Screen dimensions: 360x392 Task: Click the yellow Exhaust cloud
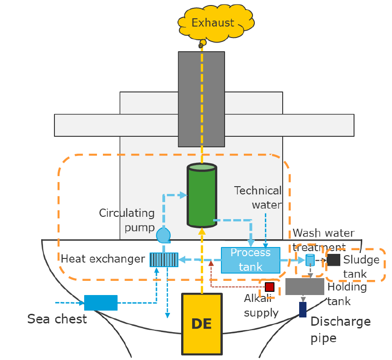[212, 23]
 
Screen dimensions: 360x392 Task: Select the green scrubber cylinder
[201, 195]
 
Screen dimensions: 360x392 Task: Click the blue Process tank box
[250, 260]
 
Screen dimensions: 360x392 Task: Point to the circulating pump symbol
[163, 236]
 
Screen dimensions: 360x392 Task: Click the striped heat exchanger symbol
[164, 259]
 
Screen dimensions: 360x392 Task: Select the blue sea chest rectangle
[101, 302]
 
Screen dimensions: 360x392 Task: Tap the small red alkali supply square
[269, 287]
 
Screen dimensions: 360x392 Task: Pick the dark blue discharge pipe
[302, 309]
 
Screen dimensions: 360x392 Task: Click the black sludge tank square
[334, 260]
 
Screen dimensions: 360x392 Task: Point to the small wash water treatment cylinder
[310, 260]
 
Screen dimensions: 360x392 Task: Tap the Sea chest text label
[57, 319]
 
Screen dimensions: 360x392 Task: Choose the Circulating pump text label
[127, 220]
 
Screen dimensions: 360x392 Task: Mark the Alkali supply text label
[261, 306]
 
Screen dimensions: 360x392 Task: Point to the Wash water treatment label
[323, 240]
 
